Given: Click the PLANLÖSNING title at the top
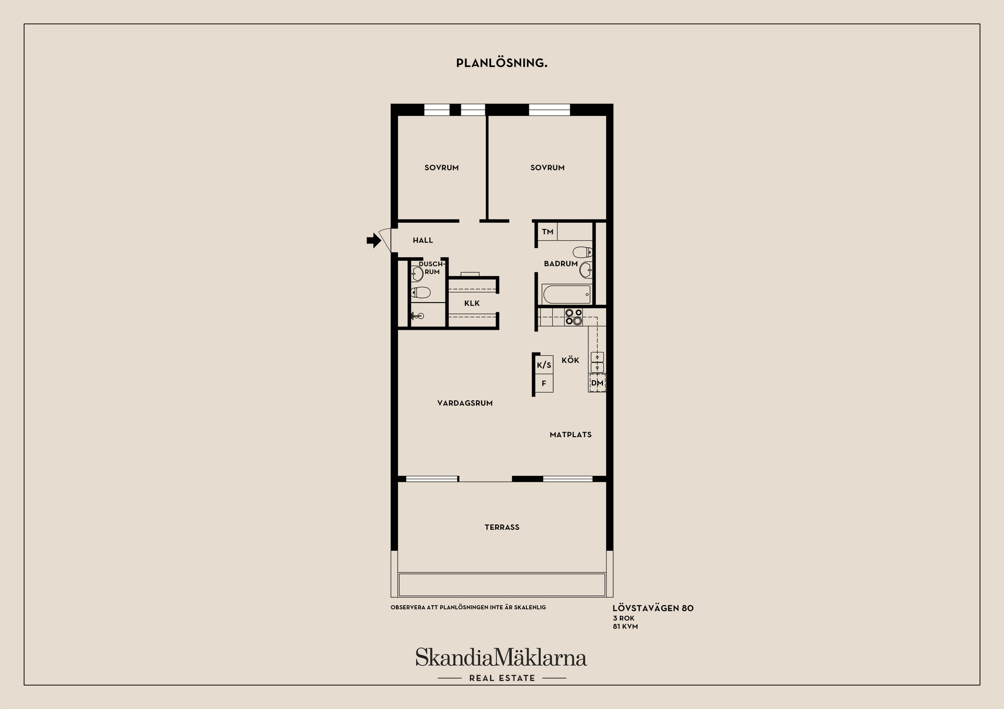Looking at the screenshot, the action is click(501, 63).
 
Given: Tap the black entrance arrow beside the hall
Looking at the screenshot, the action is click(373, 240).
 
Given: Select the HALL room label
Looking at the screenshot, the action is click(423, 240).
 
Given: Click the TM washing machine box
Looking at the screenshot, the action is click(547, 231).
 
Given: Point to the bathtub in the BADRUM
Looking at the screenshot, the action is click(567, 294).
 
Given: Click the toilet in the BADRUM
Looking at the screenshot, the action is click(583, 252).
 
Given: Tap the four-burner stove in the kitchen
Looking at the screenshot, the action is click(574, 317).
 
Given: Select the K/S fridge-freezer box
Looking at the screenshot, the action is click(544, 365).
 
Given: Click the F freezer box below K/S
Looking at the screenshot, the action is click(544, 383).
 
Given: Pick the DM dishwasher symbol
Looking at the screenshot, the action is click(597, 383).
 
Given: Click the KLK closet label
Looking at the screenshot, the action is click(472, 303).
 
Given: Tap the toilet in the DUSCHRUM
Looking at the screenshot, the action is click(420, 292).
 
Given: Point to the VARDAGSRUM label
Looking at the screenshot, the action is click(465, 403).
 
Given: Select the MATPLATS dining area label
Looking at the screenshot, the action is click(571, 434).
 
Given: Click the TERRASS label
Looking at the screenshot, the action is click(502, 527).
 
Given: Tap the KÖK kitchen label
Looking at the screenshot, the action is click(571, 360).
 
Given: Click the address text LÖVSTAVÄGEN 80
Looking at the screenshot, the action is click(653, 608).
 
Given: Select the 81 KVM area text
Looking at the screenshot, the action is click(625, 626).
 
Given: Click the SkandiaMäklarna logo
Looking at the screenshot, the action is click(501, 657).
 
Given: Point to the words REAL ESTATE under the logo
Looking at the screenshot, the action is click(502, 678).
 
